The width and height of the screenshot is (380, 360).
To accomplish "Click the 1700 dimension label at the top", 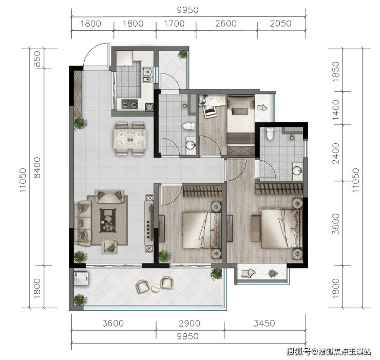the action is pos(174,24).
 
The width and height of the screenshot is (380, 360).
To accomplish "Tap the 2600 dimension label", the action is pos(226,24).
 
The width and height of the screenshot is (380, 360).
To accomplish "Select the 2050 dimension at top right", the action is pos(281,24).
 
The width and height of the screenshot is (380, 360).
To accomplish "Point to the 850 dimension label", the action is pos(37,59).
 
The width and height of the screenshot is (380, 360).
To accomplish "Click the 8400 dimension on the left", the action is pos(37,168).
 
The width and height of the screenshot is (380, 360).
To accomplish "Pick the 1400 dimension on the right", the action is pos(336,110).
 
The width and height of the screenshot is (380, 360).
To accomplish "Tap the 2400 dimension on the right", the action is pos(336,154).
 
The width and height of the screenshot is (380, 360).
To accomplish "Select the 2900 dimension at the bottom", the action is pos(189,324).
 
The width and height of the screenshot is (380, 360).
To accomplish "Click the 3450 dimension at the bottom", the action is pos(264,324).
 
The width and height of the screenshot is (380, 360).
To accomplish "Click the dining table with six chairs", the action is pos(130,139).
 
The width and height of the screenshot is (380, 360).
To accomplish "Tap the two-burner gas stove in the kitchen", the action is pos(129,104).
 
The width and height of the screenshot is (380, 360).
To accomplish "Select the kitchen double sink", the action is pos(147,74).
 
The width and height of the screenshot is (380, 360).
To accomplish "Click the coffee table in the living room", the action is pos(108,220).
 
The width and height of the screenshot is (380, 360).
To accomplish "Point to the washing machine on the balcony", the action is pos(81,278).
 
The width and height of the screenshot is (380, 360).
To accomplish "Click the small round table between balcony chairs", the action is pos(156,288).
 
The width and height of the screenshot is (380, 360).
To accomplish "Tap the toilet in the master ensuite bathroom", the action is pos(270,134).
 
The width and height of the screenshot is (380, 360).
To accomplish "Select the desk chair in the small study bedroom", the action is pos(210,111).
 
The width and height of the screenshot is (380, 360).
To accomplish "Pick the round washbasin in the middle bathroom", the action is pos(191,145).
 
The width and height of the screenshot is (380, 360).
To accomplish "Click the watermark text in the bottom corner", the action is pos(329,351).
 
